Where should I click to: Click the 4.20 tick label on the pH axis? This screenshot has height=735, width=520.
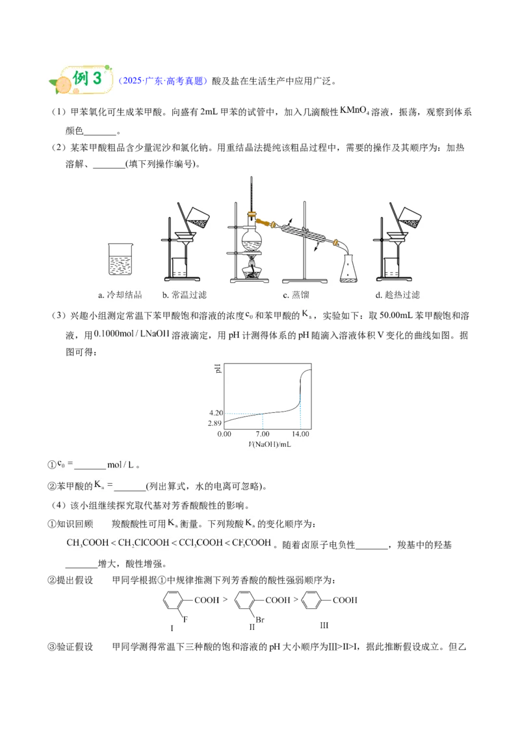pyautogui.click(x=216, y=413)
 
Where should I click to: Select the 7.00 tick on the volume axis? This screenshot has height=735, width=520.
pyautogui.click(x=263, y=434)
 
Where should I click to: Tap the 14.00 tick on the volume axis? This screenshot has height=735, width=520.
pyautogui.click(x=300, y=434)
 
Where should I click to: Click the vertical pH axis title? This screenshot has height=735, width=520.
pyautogui.click(x=218, y=368)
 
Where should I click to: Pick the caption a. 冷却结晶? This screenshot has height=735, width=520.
pyautogui.click(x=120, y=295)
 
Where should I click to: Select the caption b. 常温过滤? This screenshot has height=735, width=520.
pyautogui.click(x=185, y=295)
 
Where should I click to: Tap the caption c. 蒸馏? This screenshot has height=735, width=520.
pyautogui.click(x=296, y=295)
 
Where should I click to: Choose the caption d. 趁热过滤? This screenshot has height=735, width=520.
pyautogui.click(x=398, y=295)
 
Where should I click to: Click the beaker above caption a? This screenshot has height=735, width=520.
pyautogui.click(x=121, y=259)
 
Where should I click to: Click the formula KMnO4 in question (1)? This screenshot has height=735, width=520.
pyautogui.click(x=354, y=110)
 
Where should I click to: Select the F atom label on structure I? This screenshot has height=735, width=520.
pyautogui.click(x=185, y=619)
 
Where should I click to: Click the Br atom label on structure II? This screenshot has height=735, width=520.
pyautogui.click(x=260, y=619)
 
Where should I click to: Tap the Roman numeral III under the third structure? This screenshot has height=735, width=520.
pyautogui.click(x=324, y=625)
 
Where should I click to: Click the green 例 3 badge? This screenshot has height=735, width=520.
pyautogui.click(x=81, y=79)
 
